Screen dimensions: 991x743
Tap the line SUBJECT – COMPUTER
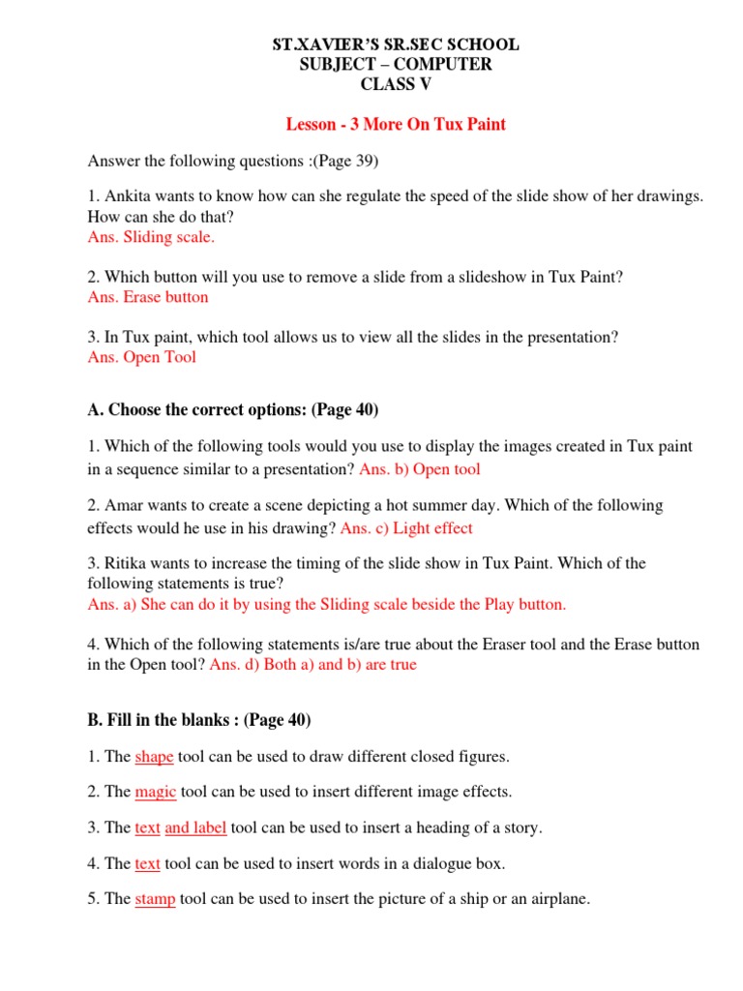395,64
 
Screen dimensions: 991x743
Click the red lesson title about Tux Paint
395,124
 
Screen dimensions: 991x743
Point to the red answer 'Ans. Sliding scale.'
151,237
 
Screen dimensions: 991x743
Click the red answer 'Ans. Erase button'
148,297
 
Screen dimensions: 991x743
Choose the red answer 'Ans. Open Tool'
141,357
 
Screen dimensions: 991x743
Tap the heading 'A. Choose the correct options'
232,410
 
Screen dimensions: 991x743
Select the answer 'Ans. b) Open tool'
420,469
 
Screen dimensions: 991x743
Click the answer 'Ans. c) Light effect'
406,528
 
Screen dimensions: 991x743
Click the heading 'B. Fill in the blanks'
198,720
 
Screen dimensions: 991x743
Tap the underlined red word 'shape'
154,756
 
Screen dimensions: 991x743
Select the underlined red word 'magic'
155,792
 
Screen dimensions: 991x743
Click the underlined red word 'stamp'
155,899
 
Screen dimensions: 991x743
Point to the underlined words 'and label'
195,827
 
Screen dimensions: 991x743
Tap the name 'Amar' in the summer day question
124,506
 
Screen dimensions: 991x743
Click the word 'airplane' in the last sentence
558,899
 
